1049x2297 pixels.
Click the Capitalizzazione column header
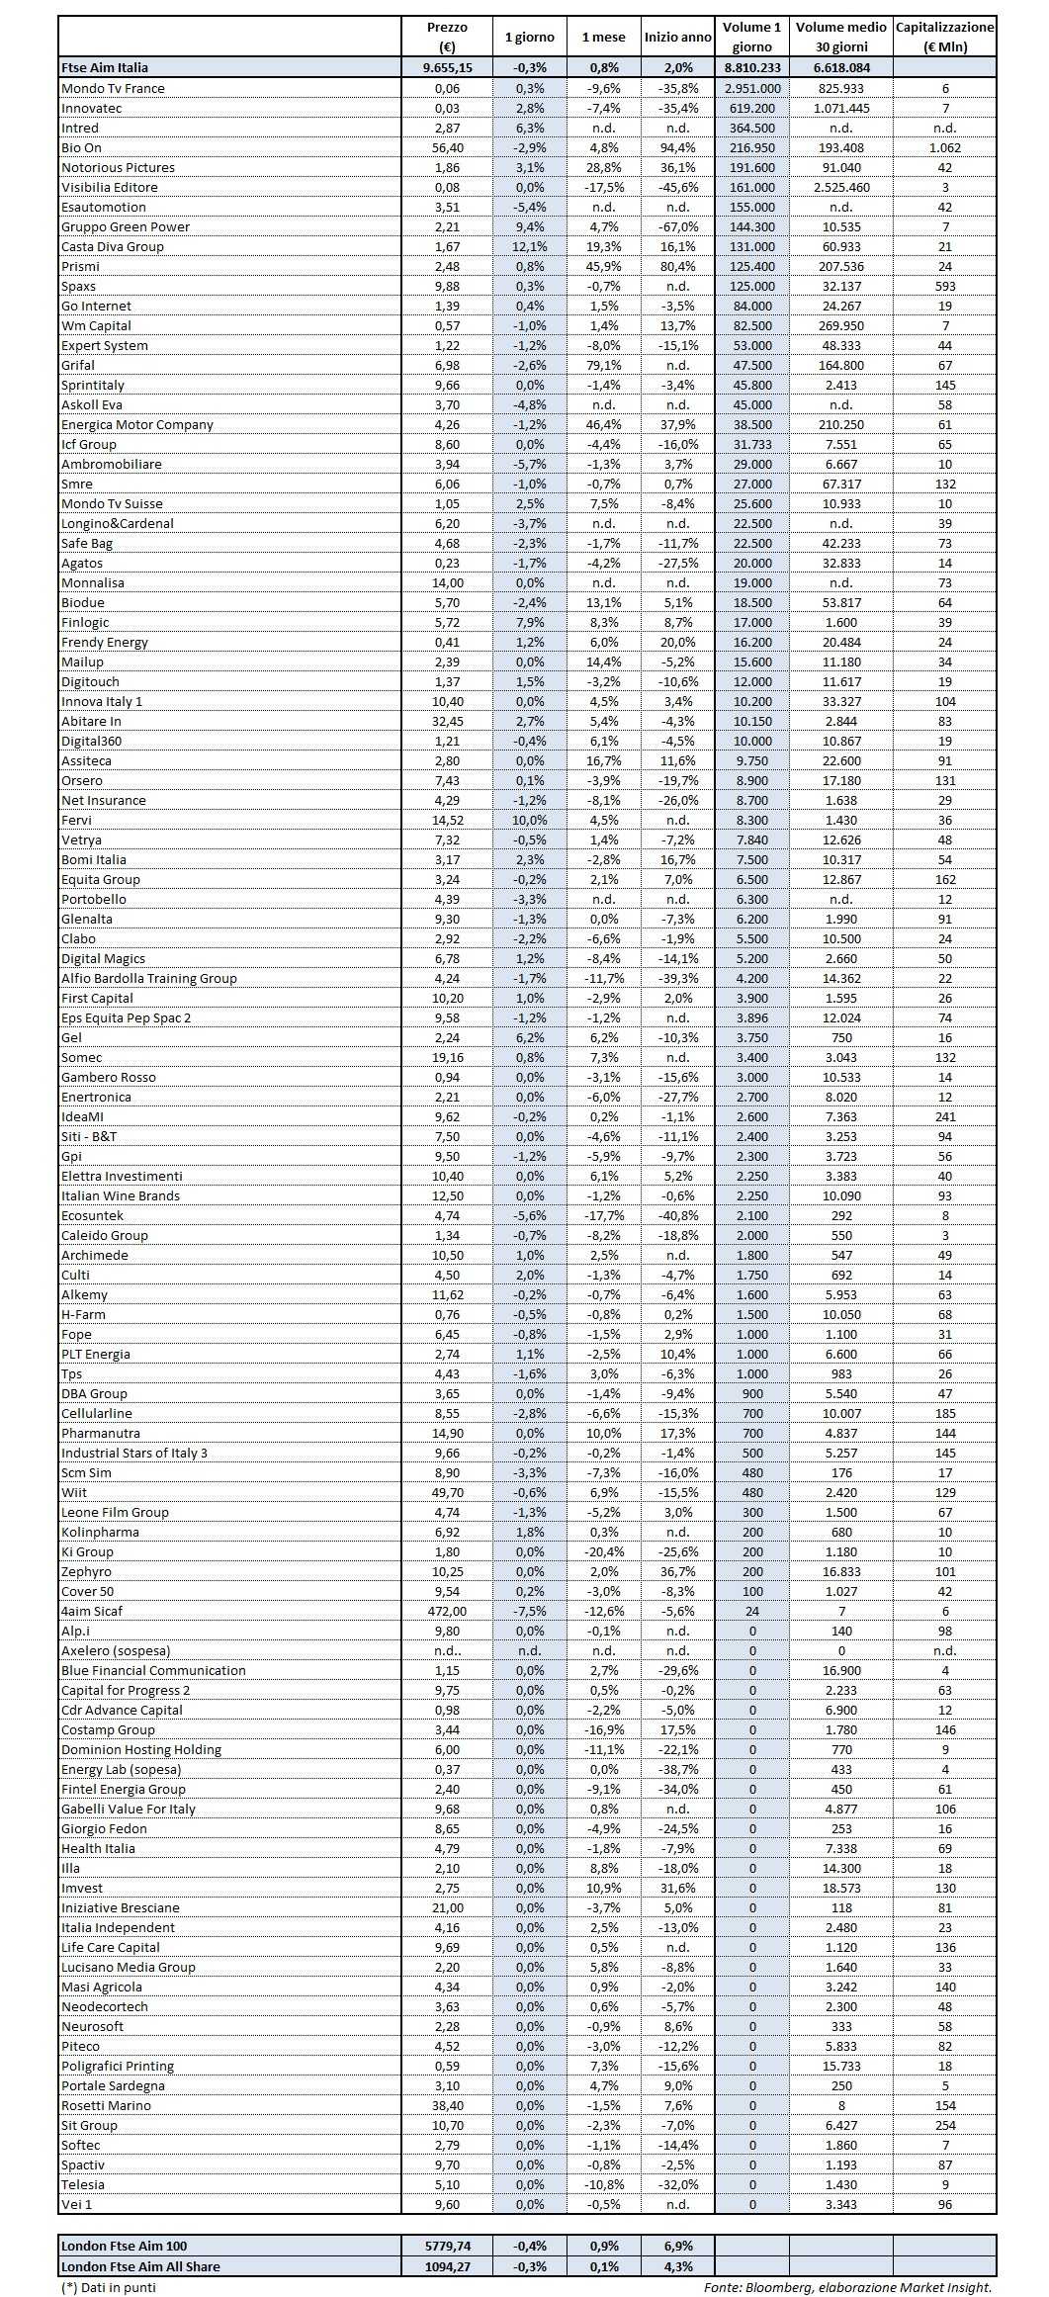coord(944,37)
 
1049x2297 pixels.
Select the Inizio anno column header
coord(677,37)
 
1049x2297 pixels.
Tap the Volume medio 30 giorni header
coord(840,37)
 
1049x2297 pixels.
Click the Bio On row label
coord(81,147)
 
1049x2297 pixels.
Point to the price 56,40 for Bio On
coord(448,147)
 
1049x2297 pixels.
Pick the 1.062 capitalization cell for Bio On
coord(945,147)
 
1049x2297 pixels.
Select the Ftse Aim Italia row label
coord(105,67)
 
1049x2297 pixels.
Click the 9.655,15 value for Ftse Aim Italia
coord(447,67)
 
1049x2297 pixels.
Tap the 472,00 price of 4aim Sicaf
coord(447,1611)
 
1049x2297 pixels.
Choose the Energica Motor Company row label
coord(137,424)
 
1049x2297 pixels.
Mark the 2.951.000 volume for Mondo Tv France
coord(751,88)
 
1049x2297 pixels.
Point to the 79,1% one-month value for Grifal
coord(603,365)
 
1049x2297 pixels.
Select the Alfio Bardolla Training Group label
coord(149,978)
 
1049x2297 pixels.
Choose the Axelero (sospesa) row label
coord(116,1650)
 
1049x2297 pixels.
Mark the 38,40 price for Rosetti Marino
coord(447,2105)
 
